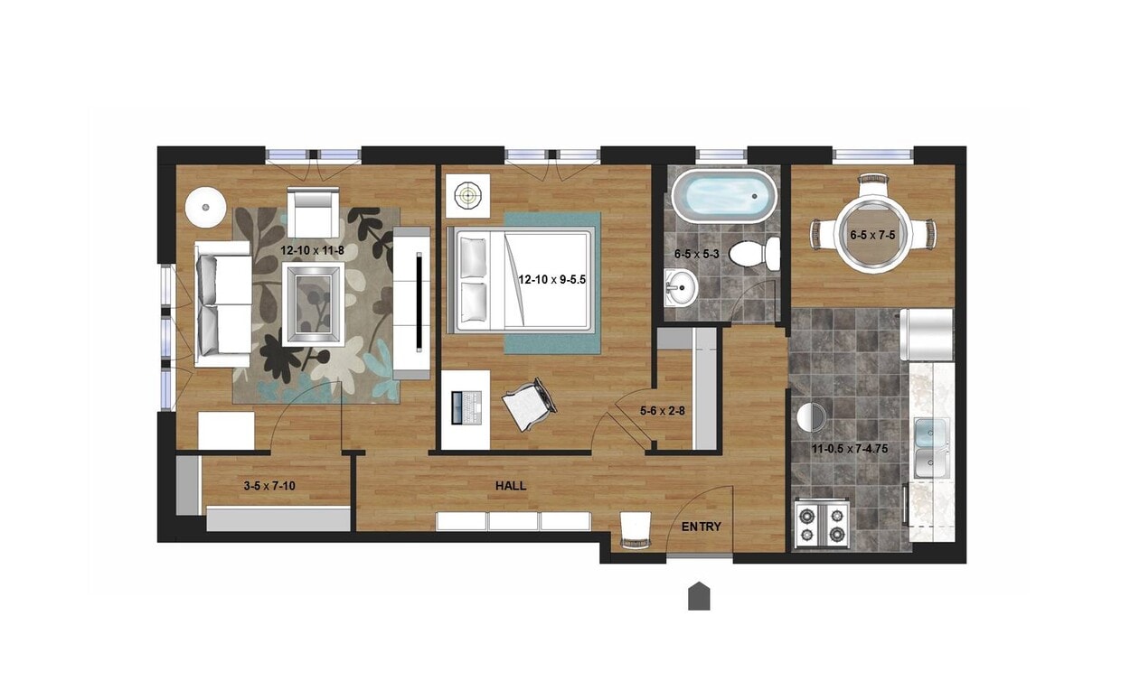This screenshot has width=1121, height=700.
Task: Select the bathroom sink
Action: [680, 290]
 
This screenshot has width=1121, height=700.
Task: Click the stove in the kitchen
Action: [822, 524]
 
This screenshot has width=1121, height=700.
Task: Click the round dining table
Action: [872, 235]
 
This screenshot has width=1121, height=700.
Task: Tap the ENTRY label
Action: [702, 527]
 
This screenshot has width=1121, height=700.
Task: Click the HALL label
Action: [511, 486]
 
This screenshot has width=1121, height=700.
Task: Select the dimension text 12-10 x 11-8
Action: [312, 250]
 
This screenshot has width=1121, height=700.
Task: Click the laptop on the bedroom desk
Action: [466, 409]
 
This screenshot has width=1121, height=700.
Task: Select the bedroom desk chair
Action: [529, 404]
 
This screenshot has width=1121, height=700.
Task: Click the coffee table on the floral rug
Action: [313, 303]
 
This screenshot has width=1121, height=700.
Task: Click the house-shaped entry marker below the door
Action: [699, 596]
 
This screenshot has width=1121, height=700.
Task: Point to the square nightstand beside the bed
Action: [467, 192]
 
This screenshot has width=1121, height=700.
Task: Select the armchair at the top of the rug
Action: [313, 211]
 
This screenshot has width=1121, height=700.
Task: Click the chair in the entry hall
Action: [636, 529]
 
